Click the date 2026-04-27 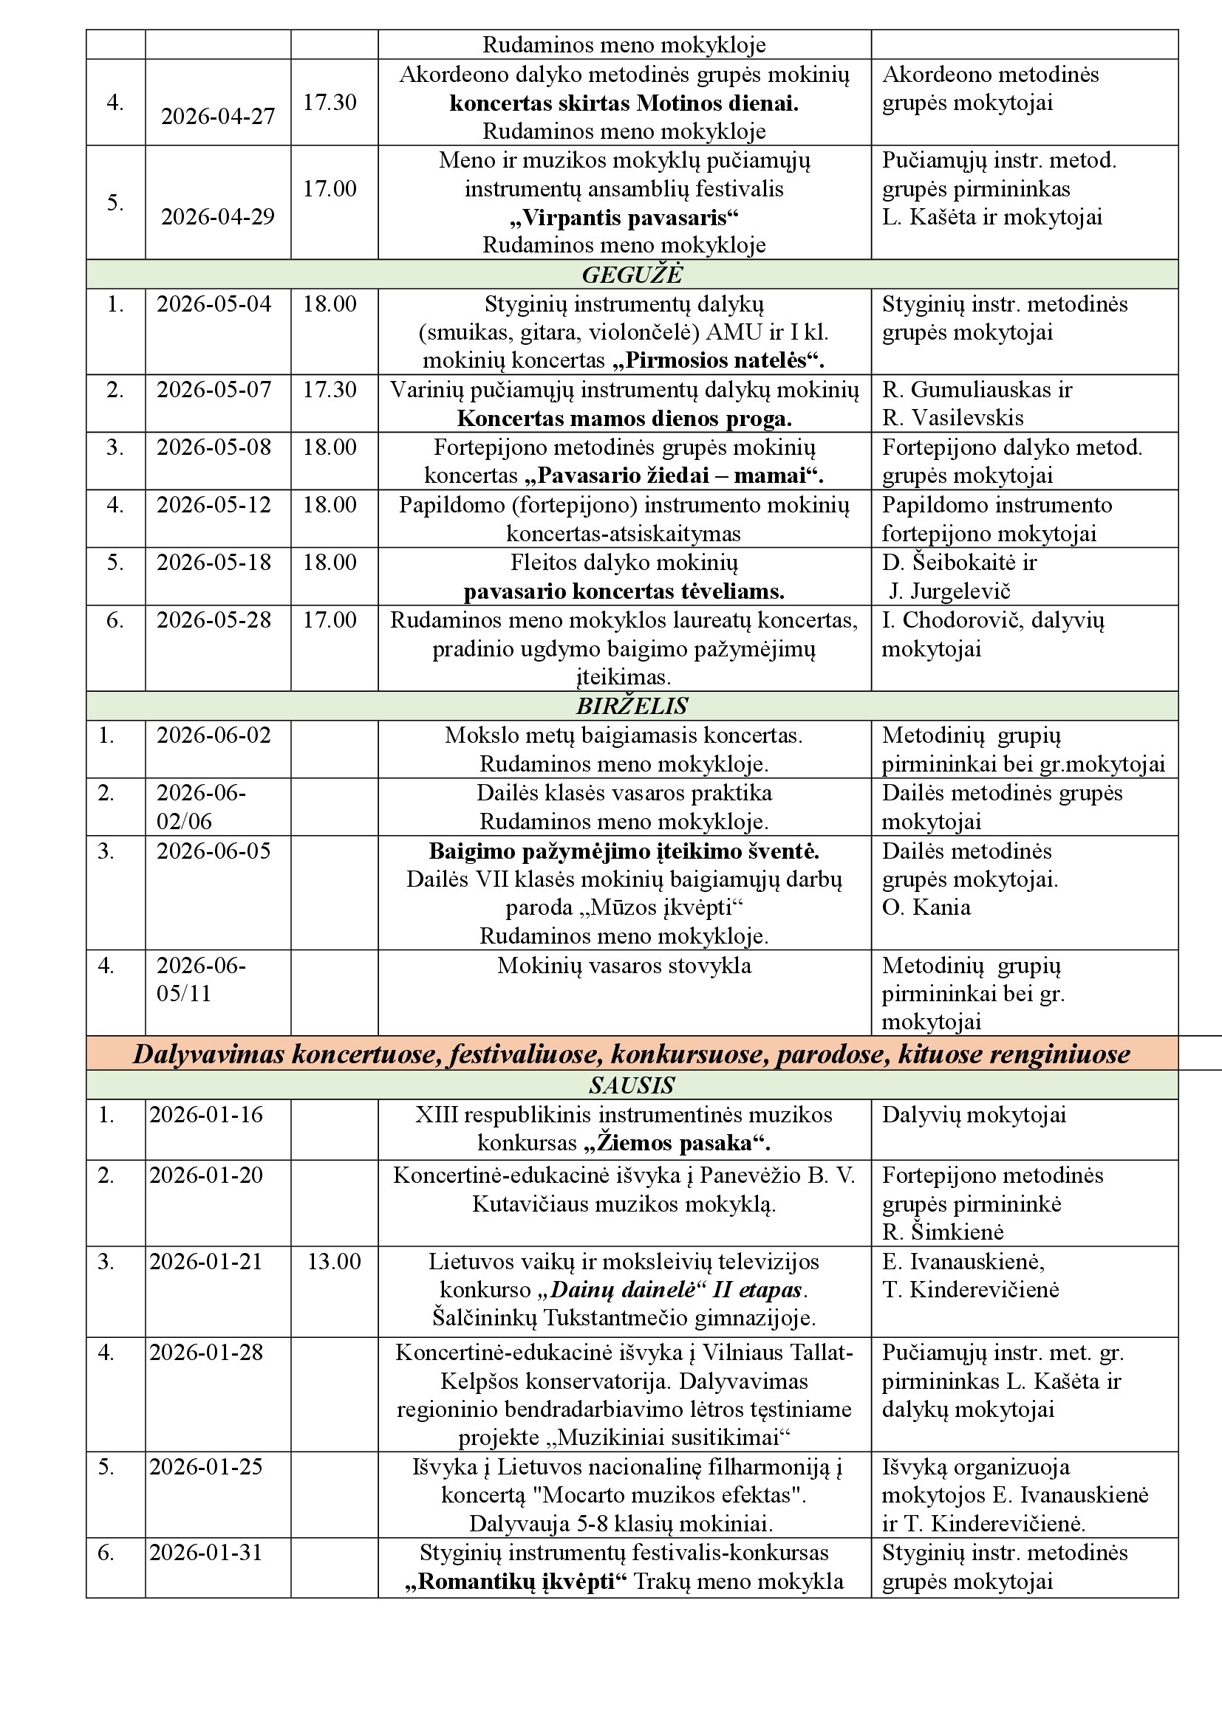click(217, 116)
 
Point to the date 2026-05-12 click(214, 505)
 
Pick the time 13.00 click(333, 1261)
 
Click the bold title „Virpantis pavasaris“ click(624, 217)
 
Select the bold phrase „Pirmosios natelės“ click(719, 360)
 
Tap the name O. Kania click(926, 907)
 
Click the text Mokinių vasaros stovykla click(624, 965)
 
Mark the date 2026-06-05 click(214, 851)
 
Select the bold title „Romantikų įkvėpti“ click(516, 1581)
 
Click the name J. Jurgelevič click(949, 591)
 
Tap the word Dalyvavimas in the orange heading click(210, 1054)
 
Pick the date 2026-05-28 click(214, 619)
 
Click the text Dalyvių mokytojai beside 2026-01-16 click(974, 1115)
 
